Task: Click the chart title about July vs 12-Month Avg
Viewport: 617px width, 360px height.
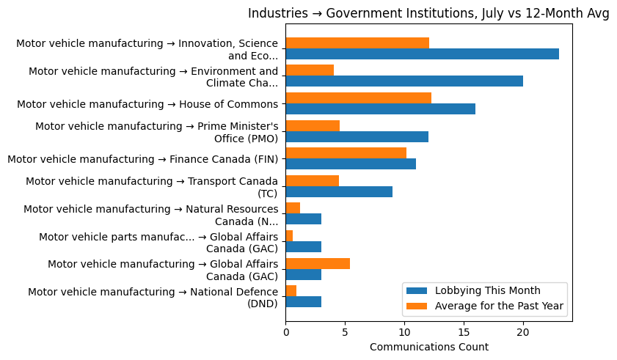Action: tap(428, 13)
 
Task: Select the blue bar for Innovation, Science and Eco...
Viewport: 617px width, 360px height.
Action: tap(422, 54)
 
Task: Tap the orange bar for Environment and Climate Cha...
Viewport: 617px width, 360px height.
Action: tap(310, 70)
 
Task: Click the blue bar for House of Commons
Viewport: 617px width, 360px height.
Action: tap(380, 109)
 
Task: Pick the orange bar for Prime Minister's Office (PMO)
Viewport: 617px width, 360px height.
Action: tap(313, 125)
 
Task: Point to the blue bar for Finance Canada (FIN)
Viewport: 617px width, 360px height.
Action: tap(351, 164)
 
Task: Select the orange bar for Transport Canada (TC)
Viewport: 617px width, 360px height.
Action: tap(312, 180)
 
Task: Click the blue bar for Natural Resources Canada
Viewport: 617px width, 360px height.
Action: tap(303, 219)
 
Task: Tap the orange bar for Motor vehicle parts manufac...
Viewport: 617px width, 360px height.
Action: tap(289, 235)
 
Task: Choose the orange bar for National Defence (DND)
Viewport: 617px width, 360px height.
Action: tap(291, 291)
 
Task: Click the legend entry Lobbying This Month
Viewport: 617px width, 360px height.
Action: tap(487, 290)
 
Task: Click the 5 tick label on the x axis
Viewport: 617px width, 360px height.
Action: tap(345, 332)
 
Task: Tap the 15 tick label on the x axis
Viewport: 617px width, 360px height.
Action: tap(464, 332)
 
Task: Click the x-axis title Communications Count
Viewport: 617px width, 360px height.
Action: tap(428, 347)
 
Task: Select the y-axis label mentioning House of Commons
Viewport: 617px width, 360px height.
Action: tap(147, 104)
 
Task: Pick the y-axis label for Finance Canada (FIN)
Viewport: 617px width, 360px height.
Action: tap(142, 159)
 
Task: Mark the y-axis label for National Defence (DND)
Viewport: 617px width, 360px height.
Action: tap(153, 297)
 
